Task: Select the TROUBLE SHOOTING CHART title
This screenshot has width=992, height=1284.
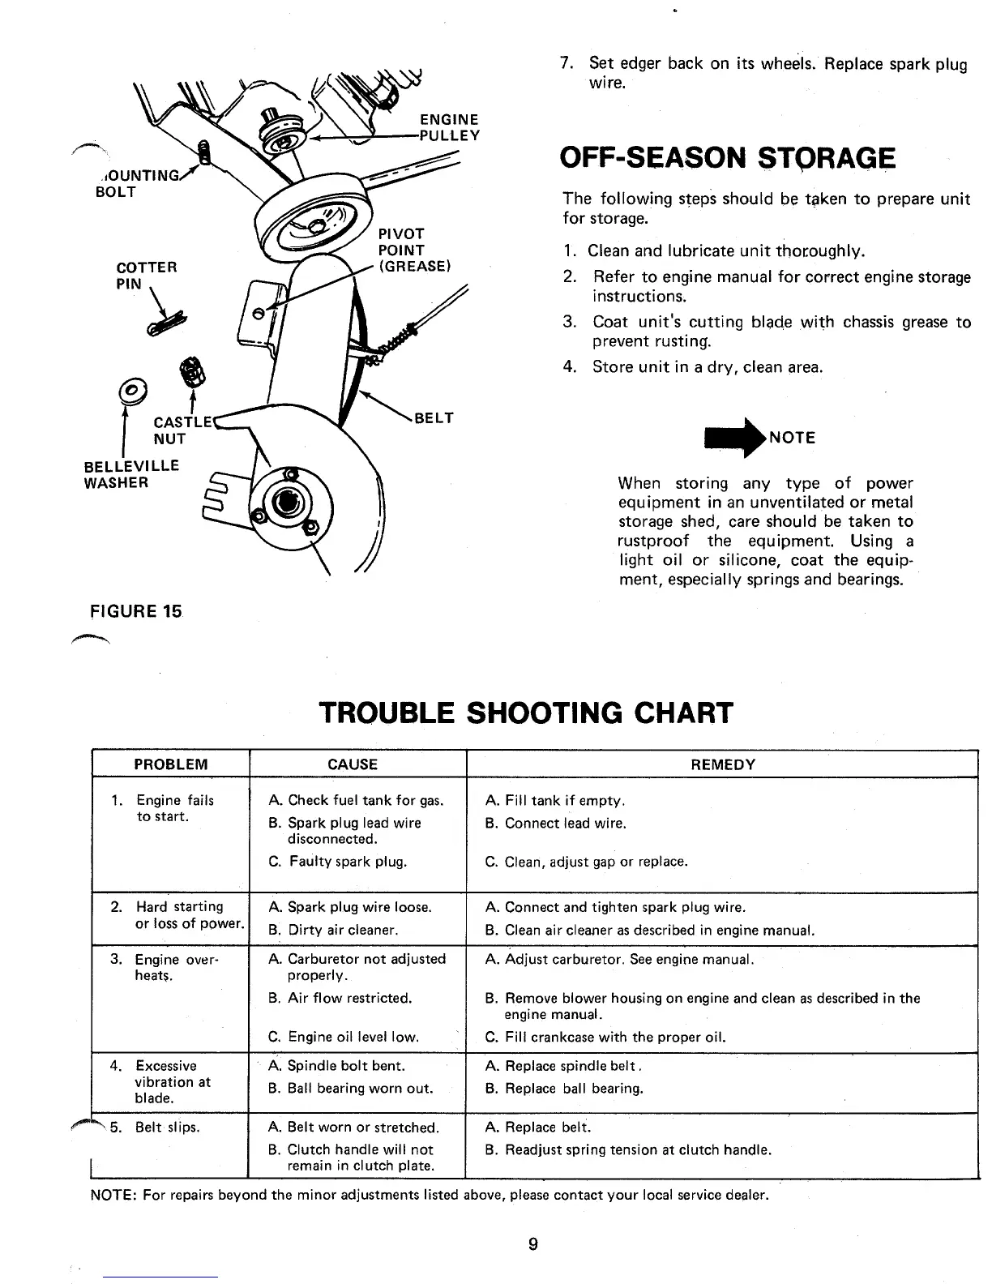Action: tap(526, 713)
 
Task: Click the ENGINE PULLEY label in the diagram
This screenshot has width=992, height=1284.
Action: tap(449, 127)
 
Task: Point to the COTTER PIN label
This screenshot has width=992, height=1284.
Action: tap(147, 276)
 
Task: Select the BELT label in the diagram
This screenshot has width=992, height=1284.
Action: tap(434, 418)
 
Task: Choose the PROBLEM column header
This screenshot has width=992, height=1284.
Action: tap(170, 764)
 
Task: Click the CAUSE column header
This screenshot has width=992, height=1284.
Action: tap(353, 764)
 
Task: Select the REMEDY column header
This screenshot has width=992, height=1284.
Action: tap(722, 764)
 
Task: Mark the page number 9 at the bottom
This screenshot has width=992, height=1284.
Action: tap(532, 1244)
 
